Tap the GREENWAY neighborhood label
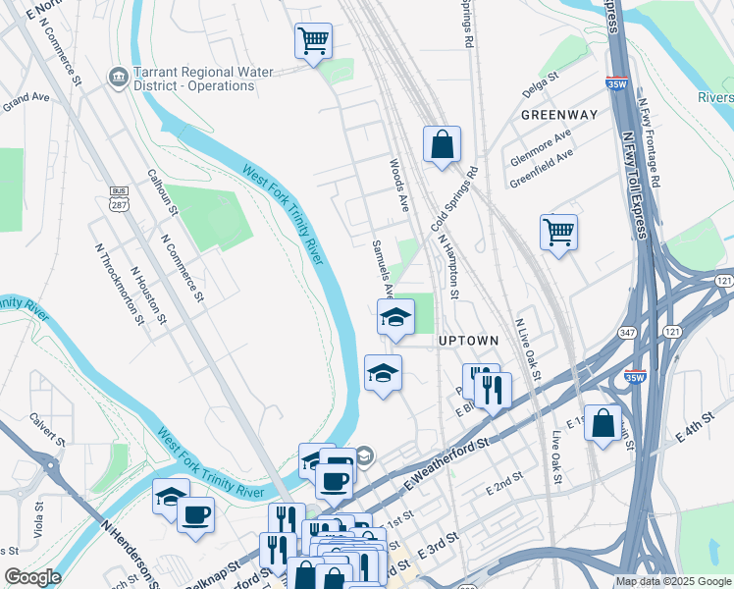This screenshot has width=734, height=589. [x=559, y=115]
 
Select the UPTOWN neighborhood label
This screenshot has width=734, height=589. [x=468, y=341]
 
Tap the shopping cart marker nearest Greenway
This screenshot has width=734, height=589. [x=558, y=233]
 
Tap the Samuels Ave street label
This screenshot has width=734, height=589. [x=383, y=266]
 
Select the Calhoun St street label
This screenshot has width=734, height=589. [x=162, y=191]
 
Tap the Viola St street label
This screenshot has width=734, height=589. [x=40, y=520]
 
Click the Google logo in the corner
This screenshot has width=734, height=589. [x=33, y=577]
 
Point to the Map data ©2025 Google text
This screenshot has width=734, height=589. [x=672, y=581]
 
